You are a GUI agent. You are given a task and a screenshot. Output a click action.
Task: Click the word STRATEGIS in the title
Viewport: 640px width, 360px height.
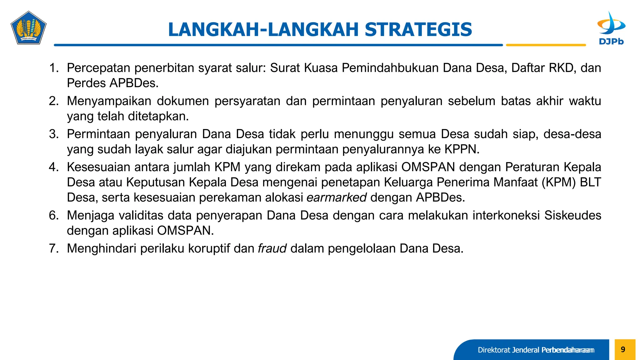pyautogui.click(x=418, y=30)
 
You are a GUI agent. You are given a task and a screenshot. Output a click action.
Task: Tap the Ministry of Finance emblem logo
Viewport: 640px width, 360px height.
pyautogui.click(x=28, y=28)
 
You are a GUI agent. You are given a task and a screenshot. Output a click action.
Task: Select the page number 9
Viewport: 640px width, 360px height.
pyautogui.click(x=623, y=349)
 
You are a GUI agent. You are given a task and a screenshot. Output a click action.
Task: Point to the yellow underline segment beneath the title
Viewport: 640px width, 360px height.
pyautogui.click(x=546, y=45)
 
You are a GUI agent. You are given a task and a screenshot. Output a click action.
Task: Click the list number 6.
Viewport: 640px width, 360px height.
pyautogui.click(x=53, y=215)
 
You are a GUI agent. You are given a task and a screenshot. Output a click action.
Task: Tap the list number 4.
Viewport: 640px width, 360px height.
pyautogui.click(x=53, y=167)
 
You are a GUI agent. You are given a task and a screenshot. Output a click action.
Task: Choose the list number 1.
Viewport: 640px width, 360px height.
pyautogui.click(x=54, y=68)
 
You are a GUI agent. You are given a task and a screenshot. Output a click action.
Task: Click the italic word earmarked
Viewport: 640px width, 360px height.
pyautogui.click(x=337, y=197)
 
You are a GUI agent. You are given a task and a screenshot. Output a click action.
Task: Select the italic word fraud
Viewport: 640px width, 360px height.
pyautogui.click(x=272, y=248)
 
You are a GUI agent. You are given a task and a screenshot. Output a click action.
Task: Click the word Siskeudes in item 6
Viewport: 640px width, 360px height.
pyautogui.click(x=572, y=215)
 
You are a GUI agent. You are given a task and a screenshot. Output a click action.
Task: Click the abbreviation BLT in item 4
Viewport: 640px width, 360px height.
pyautogui.click(x=590, y=182)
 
